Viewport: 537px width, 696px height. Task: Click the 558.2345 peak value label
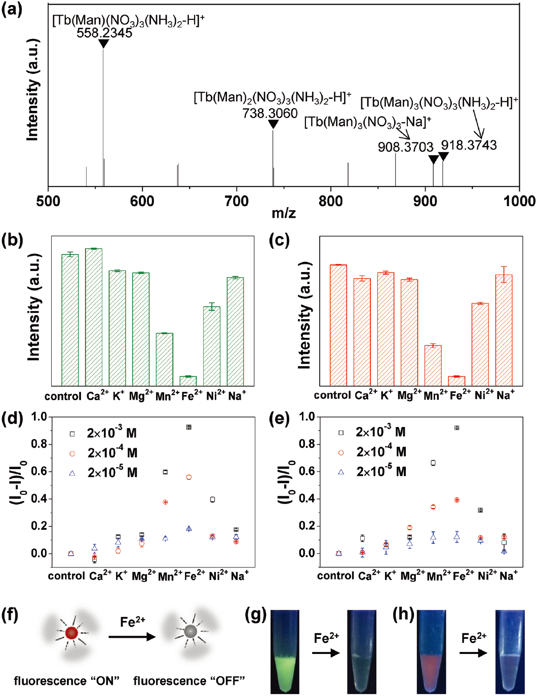pyautogui.click(x=104, y=33)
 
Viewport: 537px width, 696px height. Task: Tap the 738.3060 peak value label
pyautogui.click(x=270, y=113)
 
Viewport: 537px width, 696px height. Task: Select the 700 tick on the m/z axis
pyautogui.click(x=237, y=201)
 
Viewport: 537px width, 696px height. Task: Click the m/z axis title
pyautogui.click(x=284, y=213)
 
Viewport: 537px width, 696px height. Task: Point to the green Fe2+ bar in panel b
pyautogui.click(x=188, y=380)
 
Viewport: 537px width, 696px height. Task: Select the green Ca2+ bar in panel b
pyautogui.click(x=94, y=317)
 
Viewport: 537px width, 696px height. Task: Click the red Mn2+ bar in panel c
pyautogui.click(x=433, y=365)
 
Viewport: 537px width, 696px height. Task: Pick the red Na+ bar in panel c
pyautogui.click(x=504, y=330)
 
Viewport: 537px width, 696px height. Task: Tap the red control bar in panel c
pyautogui.click(x=338, y=325)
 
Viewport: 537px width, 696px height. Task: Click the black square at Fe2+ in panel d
pyautogui.click(x=189, y=428)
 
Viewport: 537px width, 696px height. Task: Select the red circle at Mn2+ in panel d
pyautogui.click(x=165, y=502)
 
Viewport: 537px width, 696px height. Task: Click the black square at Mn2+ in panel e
pyautogui.click(x=433, y=463)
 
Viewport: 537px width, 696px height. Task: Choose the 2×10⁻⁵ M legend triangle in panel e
pyautogui.click(x=341, y=472)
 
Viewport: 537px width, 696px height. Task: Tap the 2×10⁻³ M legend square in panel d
pyautogui.click(x=72, y=434)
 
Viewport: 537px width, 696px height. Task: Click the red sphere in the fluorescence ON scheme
pyautogui.click(x=71, y=632)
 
